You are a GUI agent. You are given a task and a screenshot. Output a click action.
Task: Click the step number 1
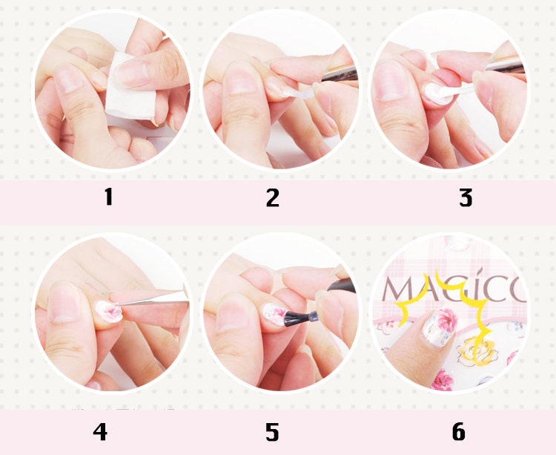109,197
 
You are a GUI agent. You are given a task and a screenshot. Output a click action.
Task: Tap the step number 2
273,197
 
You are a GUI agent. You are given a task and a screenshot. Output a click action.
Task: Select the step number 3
466,197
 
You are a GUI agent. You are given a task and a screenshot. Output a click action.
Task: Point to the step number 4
100,431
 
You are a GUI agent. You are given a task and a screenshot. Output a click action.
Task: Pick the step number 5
272,432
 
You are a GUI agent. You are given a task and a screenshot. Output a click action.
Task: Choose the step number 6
458,431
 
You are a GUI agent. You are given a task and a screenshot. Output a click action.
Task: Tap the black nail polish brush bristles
296,317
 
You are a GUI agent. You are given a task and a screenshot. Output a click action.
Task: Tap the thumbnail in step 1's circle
68,78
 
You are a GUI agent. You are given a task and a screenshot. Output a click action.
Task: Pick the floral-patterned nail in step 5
274,315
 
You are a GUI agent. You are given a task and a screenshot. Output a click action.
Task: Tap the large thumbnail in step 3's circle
390,79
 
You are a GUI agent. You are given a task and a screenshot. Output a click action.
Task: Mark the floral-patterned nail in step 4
109,311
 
